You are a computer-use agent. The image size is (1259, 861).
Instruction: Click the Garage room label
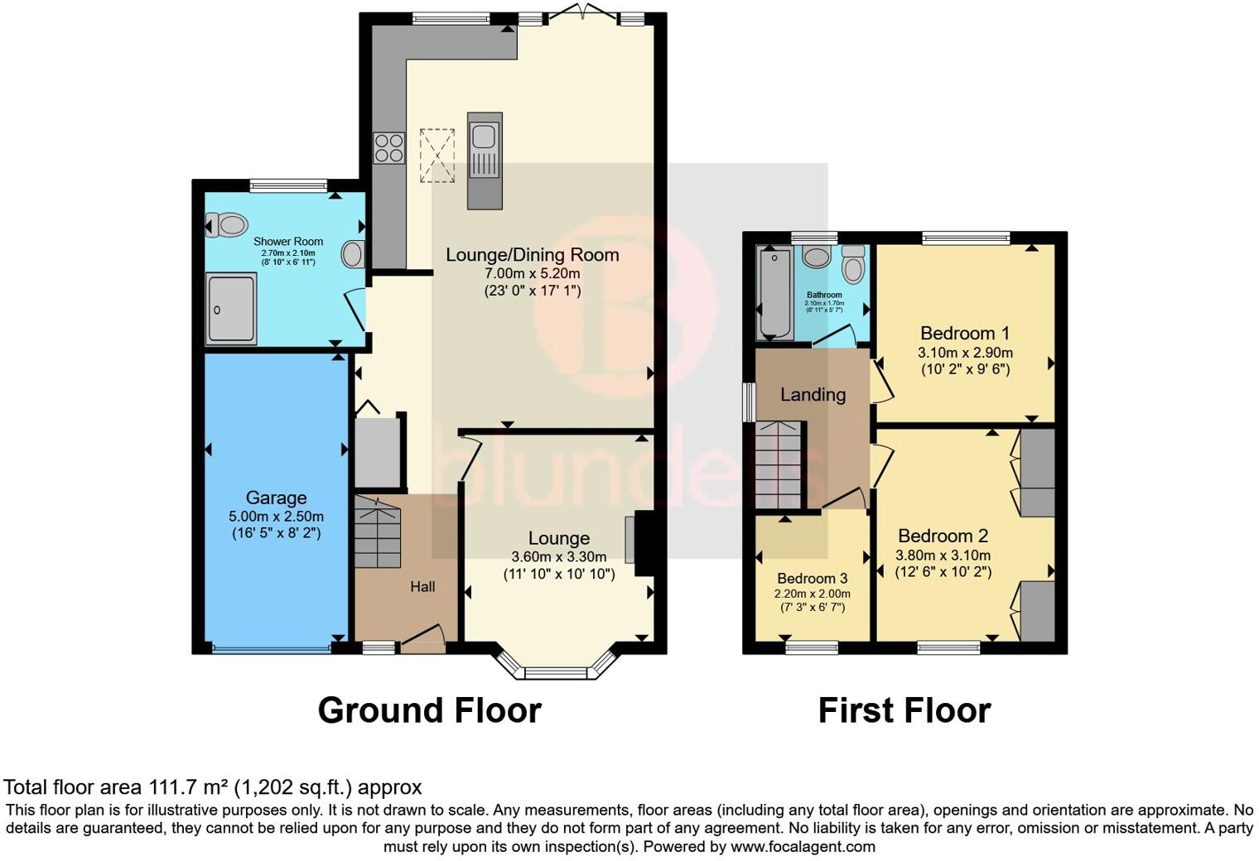tap(276, 498)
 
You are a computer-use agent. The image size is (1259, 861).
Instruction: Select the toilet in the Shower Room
tap(227, 224)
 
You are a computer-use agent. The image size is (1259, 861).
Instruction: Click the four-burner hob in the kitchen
tap(388, 148)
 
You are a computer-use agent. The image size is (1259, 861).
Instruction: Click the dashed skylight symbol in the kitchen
tap(437, 155)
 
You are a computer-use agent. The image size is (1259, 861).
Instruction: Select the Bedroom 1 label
tap(965, 334)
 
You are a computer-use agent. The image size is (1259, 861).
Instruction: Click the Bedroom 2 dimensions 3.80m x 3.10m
tap(943, 556)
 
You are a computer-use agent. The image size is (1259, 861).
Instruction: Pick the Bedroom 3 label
tap(812, 578)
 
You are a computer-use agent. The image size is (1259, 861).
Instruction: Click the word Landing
tap(813, 395)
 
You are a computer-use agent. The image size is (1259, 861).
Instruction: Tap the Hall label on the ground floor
tap(422, 586)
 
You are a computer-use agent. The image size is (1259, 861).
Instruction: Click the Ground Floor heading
tap(429, 710)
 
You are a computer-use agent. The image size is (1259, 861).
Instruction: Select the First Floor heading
tap(904, 710)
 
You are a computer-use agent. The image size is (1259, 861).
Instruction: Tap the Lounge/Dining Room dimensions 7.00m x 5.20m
tap(532, 274)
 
